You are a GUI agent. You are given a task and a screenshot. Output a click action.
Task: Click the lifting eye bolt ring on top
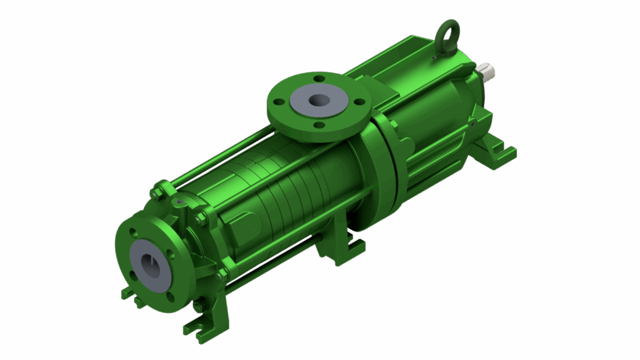pos(449,31)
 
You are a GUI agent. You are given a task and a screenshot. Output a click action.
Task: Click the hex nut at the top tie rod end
pos(157,191)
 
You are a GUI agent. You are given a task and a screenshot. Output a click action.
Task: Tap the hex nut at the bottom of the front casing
pos(198,306)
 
